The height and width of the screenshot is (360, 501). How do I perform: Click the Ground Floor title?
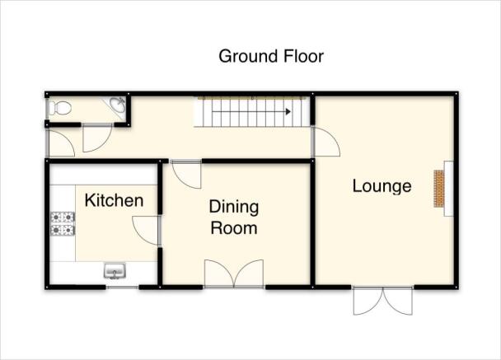(271, 56)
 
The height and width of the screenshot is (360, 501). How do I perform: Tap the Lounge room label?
(382, 186)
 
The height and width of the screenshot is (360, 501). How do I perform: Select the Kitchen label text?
(114, 200)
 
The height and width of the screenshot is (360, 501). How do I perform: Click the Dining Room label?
(234, 217)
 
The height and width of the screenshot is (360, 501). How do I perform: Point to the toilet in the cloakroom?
(60, 108)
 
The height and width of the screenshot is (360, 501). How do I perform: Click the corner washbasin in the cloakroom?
(118, 105)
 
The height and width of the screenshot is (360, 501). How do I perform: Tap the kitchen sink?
(115, 270)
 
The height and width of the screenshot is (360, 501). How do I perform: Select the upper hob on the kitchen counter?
(63, 217)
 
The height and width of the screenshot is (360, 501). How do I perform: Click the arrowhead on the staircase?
(288, 112)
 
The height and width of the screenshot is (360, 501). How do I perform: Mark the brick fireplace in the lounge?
(439, 189)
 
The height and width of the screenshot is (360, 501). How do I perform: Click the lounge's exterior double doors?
(383, 301)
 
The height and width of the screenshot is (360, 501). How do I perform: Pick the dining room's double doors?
(234, 274)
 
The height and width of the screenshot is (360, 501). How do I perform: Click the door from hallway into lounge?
(326, 142)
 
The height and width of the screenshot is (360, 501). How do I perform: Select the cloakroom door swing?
(97, 138)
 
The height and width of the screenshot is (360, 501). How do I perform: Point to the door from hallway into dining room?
(186, 175)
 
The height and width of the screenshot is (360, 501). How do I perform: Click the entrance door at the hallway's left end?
(61, 143)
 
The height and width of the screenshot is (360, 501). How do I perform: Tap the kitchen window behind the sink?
(123, 288)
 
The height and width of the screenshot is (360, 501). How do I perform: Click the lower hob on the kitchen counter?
(63, 230)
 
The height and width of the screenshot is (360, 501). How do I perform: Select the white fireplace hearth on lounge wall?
(449, 189)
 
